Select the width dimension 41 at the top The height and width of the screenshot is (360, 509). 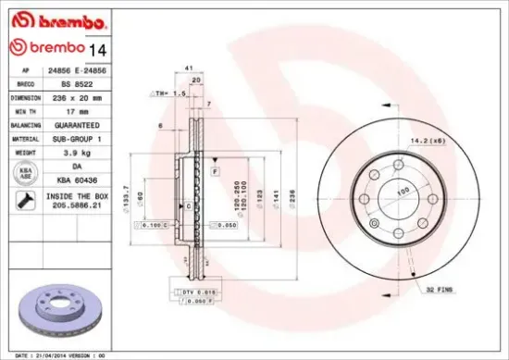pyautogui.click(x=189, y=69)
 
